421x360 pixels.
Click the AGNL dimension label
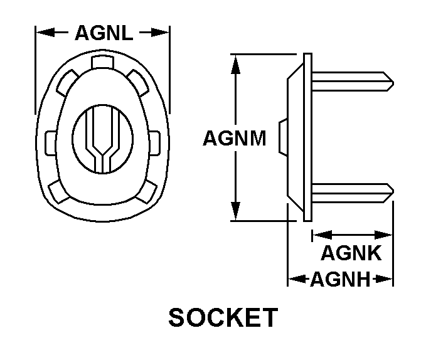tap(104, 33)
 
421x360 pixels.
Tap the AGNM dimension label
tap(235, 138)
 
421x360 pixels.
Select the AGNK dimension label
tap(351, 253)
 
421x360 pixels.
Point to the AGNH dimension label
tap(341, 279)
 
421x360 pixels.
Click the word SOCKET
tap(223, 317)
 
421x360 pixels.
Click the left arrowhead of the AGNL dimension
tap(45, 33)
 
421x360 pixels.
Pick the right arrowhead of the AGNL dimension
tap(160, 33)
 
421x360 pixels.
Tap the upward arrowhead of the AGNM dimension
tap(235, 64)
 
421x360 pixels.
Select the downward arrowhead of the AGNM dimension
tap(235, 211)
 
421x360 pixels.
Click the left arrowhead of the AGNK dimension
tap(322, 235)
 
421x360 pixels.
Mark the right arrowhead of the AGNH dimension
tap(384, 279)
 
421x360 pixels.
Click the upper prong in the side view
tap(353, 82)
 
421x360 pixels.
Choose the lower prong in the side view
tap(353, 193)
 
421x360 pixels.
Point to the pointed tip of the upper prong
tap(393, 83)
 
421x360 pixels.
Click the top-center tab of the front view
tap(102, 62)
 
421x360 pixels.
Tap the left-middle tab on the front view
tap(50, 143)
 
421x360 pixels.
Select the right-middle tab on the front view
tap(154, 143)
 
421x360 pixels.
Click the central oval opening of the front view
tap(102, 139)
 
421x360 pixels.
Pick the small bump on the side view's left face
tap(283, 137)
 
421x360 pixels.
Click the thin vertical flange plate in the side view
tap(307, 137)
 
